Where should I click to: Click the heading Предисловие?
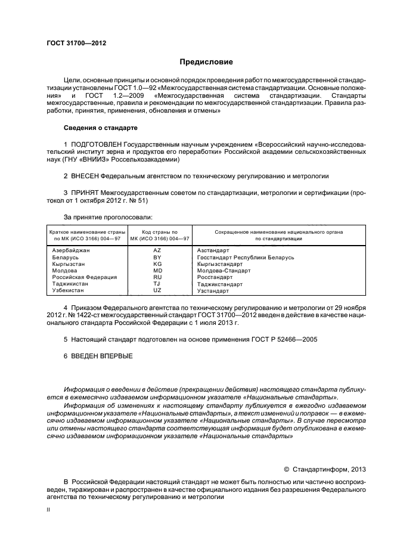(x=206, y=62)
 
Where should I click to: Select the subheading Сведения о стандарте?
(x=100, y=128)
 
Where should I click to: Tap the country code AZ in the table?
(x=157, y=250)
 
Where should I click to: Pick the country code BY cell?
(x=157, y=257)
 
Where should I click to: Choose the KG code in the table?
(x=157, y=263)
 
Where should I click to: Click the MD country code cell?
(x=157, y=270)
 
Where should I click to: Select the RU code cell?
(x=157, y=277)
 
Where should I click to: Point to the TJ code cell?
(x=157, y=284)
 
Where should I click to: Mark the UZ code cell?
(x=157, y=290)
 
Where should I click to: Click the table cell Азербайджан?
(x=71, y=250)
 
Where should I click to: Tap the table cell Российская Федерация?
(x=84, y=277)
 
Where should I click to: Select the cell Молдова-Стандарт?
(x=224, y=270)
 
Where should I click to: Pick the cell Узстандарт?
(x=213, y=290)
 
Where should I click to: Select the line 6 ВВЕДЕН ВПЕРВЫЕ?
(x=98, y=356)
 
